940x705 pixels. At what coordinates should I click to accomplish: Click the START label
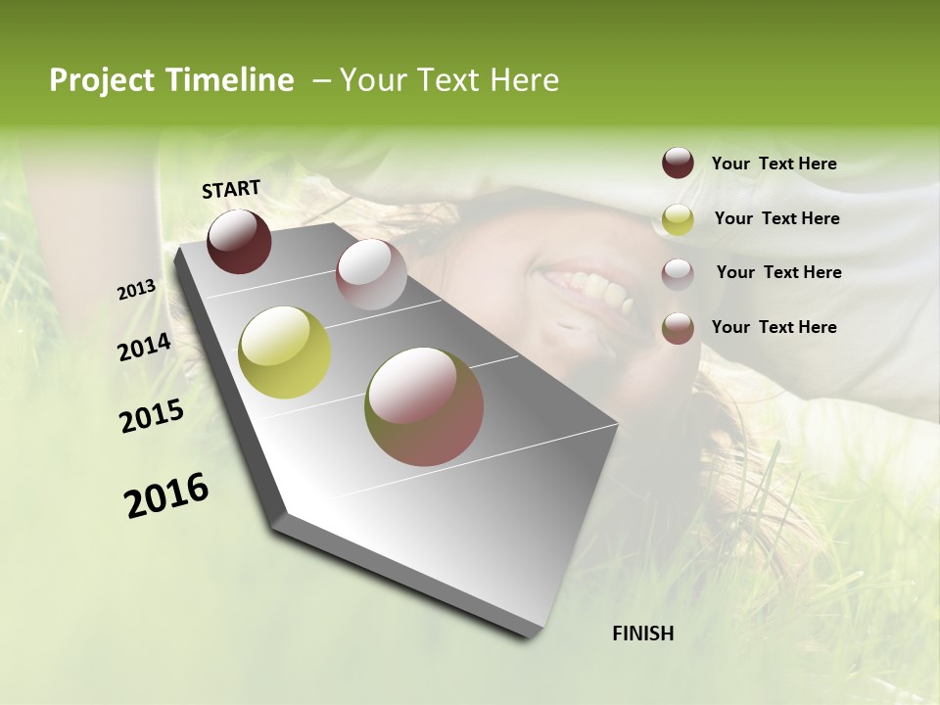point(231,189)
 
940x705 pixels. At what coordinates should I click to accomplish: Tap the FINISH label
point(643,634)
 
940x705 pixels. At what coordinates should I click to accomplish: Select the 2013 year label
point(137,290)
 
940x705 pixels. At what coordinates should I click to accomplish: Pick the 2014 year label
point(145,348)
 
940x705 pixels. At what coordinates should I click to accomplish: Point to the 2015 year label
point(152,416)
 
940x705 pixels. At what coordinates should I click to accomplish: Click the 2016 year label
point(166,495)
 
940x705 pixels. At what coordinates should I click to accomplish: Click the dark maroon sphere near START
point(239,241)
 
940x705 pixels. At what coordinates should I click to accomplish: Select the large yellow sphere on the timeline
point(285,352)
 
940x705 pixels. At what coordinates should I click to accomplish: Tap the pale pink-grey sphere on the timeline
point(371,274)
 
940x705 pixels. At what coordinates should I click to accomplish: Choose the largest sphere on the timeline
point(424,406)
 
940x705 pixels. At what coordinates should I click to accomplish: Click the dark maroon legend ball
point(678,163)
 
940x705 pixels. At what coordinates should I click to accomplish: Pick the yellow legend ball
point(678,219)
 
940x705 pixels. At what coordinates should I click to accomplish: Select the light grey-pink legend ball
point(678,273)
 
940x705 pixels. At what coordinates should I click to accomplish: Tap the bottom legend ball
point(678,328)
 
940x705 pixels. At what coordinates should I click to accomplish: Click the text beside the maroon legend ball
point(774,164)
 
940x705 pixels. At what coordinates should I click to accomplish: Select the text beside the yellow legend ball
point(776,218)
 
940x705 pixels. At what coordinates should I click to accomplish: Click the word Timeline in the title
point(232,80)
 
